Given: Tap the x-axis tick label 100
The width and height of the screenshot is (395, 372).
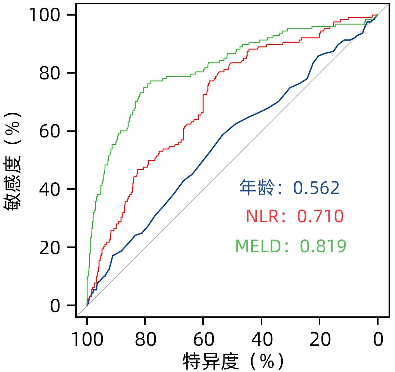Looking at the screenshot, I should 87,340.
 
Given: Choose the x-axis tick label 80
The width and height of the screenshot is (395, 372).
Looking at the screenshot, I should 145,340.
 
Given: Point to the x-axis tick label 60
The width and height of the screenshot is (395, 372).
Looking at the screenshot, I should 203,340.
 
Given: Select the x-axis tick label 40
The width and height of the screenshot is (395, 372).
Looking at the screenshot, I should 261,340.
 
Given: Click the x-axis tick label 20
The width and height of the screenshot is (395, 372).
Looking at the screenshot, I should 320,340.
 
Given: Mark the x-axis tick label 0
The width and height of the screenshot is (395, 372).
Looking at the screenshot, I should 378,340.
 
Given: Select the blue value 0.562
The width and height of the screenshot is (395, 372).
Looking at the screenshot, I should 316,188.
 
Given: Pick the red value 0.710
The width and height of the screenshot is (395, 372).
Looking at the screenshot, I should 320,217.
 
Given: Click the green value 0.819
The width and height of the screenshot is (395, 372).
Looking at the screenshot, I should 323,246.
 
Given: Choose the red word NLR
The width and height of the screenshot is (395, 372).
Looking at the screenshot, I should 262,217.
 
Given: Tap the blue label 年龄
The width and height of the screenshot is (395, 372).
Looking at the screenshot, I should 257,188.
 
